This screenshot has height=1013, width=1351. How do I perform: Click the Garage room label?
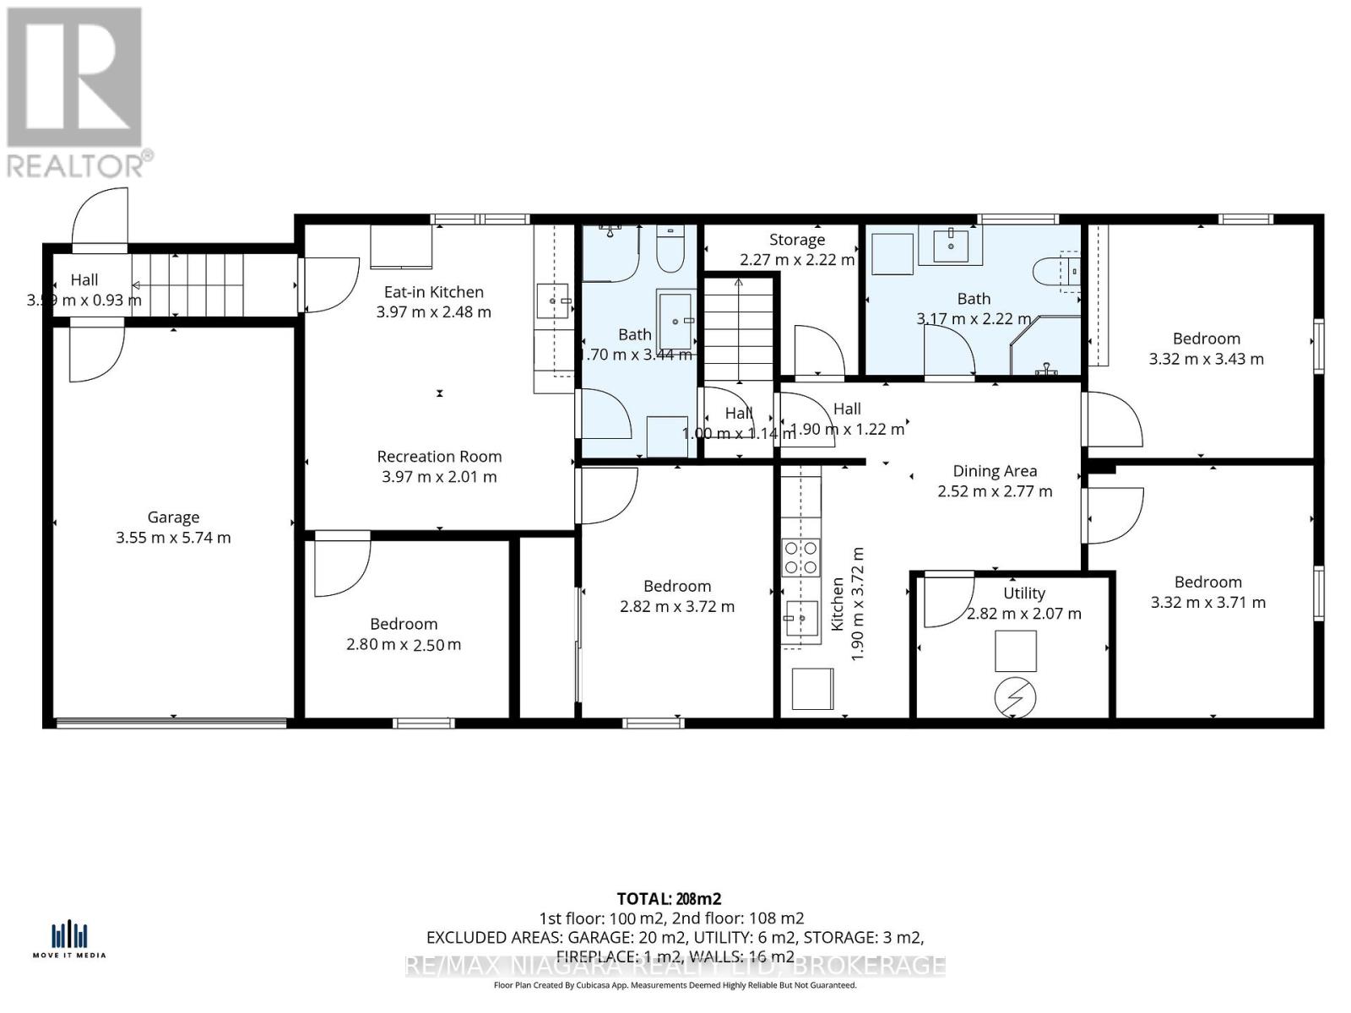pyautogui.click(x=173, y=517)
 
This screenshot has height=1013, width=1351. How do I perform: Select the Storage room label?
pyautogui.click(x=797, y=240)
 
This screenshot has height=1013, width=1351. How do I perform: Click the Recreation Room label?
pyautogui.click(x=439, y=457)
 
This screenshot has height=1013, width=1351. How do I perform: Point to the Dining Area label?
pyautogui.click(x=995, y=471)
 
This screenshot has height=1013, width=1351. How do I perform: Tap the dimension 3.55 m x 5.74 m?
pyautogui.click(x=173, y=538)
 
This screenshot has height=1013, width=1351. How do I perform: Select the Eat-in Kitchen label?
pyautogui.click(x=433, y=292)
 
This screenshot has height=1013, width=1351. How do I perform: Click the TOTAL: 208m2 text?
pyautogui.click(x=669, y=899)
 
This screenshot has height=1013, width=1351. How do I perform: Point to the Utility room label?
pyautogui.click(x=1023, y=593)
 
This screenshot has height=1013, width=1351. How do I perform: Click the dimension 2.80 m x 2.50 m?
pyautogui.click(x=404, y=645)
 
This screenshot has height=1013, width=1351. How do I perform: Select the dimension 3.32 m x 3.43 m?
pyautogui.click(x=1206, y=359)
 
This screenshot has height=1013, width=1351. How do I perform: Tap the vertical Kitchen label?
pyautogui.click(x=838, y=604)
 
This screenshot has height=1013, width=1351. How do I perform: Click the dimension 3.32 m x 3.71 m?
pyautogui.click(x=1207, y=602)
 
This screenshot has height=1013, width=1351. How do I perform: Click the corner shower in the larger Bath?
pyautogui.click(x=1050, y=346)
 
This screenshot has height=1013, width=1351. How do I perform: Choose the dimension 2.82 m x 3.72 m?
pyautogui.click(x=677, y=606)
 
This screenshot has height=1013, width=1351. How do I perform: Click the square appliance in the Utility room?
pyautogui.click(x=1015, y=650)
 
